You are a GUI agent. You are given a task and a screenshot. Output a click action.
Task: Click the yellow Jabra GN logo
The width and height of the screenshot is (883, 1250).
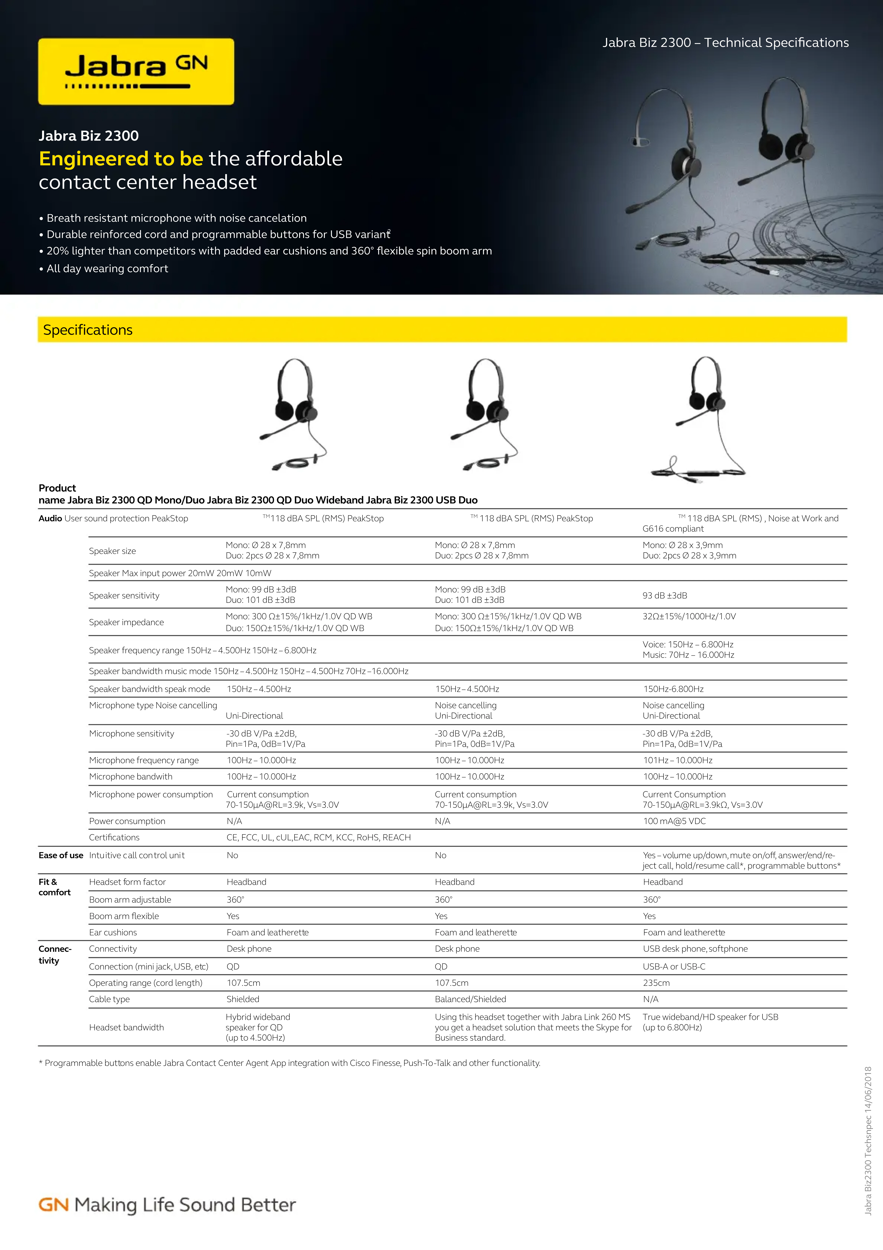tap(136, 71)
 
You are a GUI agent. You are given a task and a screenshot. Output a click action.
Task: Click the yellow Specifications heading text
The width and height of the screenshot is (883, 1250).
tap(88, 330)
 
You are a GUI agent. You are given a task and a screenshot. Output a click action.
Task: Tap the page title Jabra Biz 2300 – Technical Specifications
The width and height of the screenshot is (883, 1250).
tap(725, 43)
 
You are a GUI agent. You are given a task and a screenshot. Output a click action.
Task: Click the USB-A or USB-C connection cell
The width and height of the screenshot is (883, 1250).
tap(674, 966)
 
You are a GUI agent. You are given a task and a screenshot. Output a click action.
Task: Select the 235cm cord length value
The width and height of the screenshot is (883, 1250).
tap(656, 983)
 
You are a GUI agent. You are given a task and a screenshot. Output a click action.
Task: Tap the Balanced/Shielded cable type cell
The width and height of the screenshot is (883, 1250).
tap(470, 999)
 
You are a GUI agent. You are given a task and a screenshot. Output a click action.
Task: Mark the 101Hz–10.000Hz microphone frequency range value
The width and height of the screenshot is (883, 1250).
tap(677, 760)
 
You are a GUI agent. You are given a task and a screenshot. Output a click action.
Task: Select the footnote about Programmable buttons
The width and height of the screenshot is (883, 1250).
tap(289, 1063)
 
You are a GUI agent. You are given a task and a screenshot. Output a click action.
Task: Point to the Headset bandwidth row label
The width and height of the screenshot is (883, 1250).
tap(126, 1027)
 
